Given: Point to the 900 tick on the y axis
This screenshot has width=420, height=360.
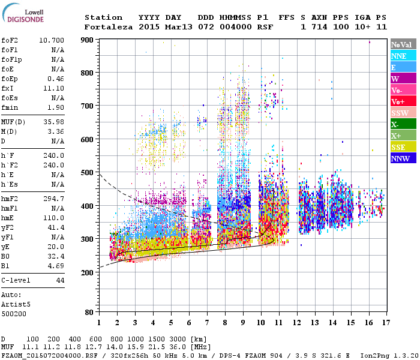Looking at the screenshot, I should click(88, 40).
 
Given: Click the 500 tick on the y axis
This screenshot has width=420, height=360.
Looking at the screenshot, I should click(88, 173).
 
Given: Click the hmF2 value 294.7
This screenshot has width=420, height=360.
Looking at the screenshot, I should click(53, 199).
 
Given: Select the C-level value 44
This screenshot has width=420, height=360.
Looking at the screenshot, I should click(59, 280).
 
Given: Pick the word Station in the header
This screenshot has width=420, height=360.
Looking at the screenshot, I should click(103, 17).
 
